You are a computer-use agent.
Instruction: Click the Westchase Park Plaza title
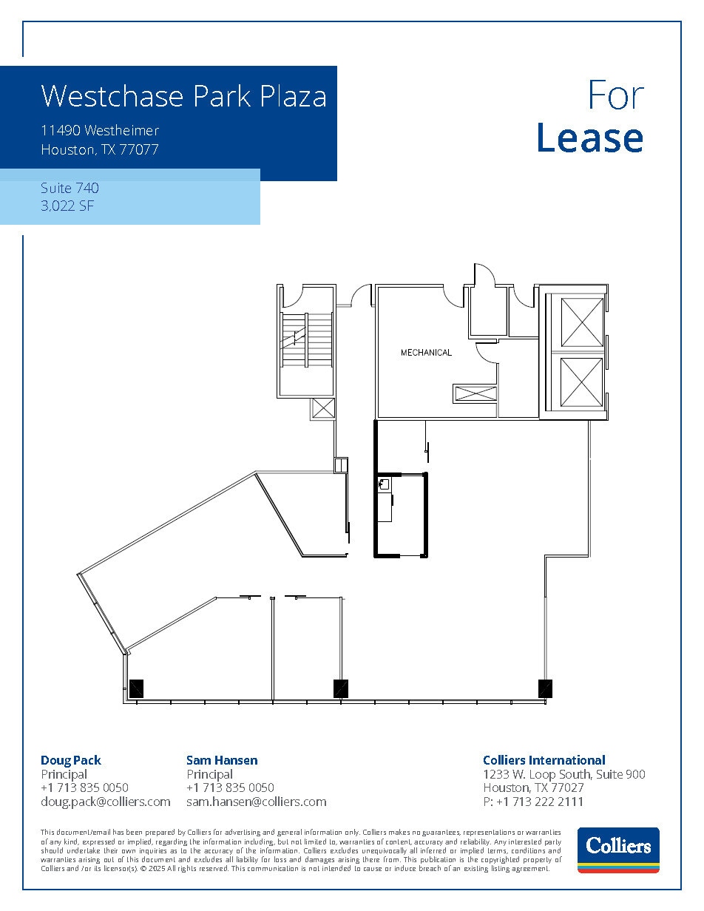pyautogui.click(x=183, y=96)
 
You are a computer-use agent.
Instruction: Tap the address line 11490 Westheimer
pyautogui.click(x=100, y=131)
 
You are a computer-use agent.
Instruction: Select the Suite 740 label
pyautogui.click(x=70, y=189)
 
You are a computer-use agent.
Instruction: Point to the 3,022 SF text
pyautogui.click(x=67, y=206)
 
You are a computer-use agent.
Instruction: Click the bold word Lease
pyautogui.click(x=589, y=138)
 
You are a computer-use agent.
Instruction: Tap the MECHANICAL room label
pyautogui.click(x=426, y=353)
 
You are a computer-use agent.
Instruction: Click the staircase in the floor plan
pyautogui.click(x=306, y=339)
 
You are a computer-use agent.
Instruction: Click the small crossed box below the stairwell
pyautogui.click(x=323, y=408)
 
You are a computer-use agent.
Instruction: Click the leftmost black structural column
pyautogui.click(x=136, y=688)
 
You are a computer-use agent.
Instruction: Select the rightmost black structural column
pyautogui.click(x=545, y=688)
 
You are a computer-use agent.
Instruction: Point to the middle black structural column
pyautogui.click(x=340, y=688)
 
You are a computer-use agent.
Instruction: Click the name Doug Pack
pyautogui.click(x=71, y=760)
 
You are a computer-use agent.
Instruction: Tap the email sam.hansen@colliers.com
pyautogui.click(x=256, y=802)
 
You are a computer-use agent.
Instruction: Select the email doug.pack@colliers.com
pyautogui.click(x=105, y=802)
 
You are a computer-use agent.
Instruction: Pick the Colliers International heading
pyautogui.click(x=544, y=760)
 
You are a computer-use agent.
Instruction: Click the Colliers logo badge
pyautogui.click(x=617, y=849)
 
